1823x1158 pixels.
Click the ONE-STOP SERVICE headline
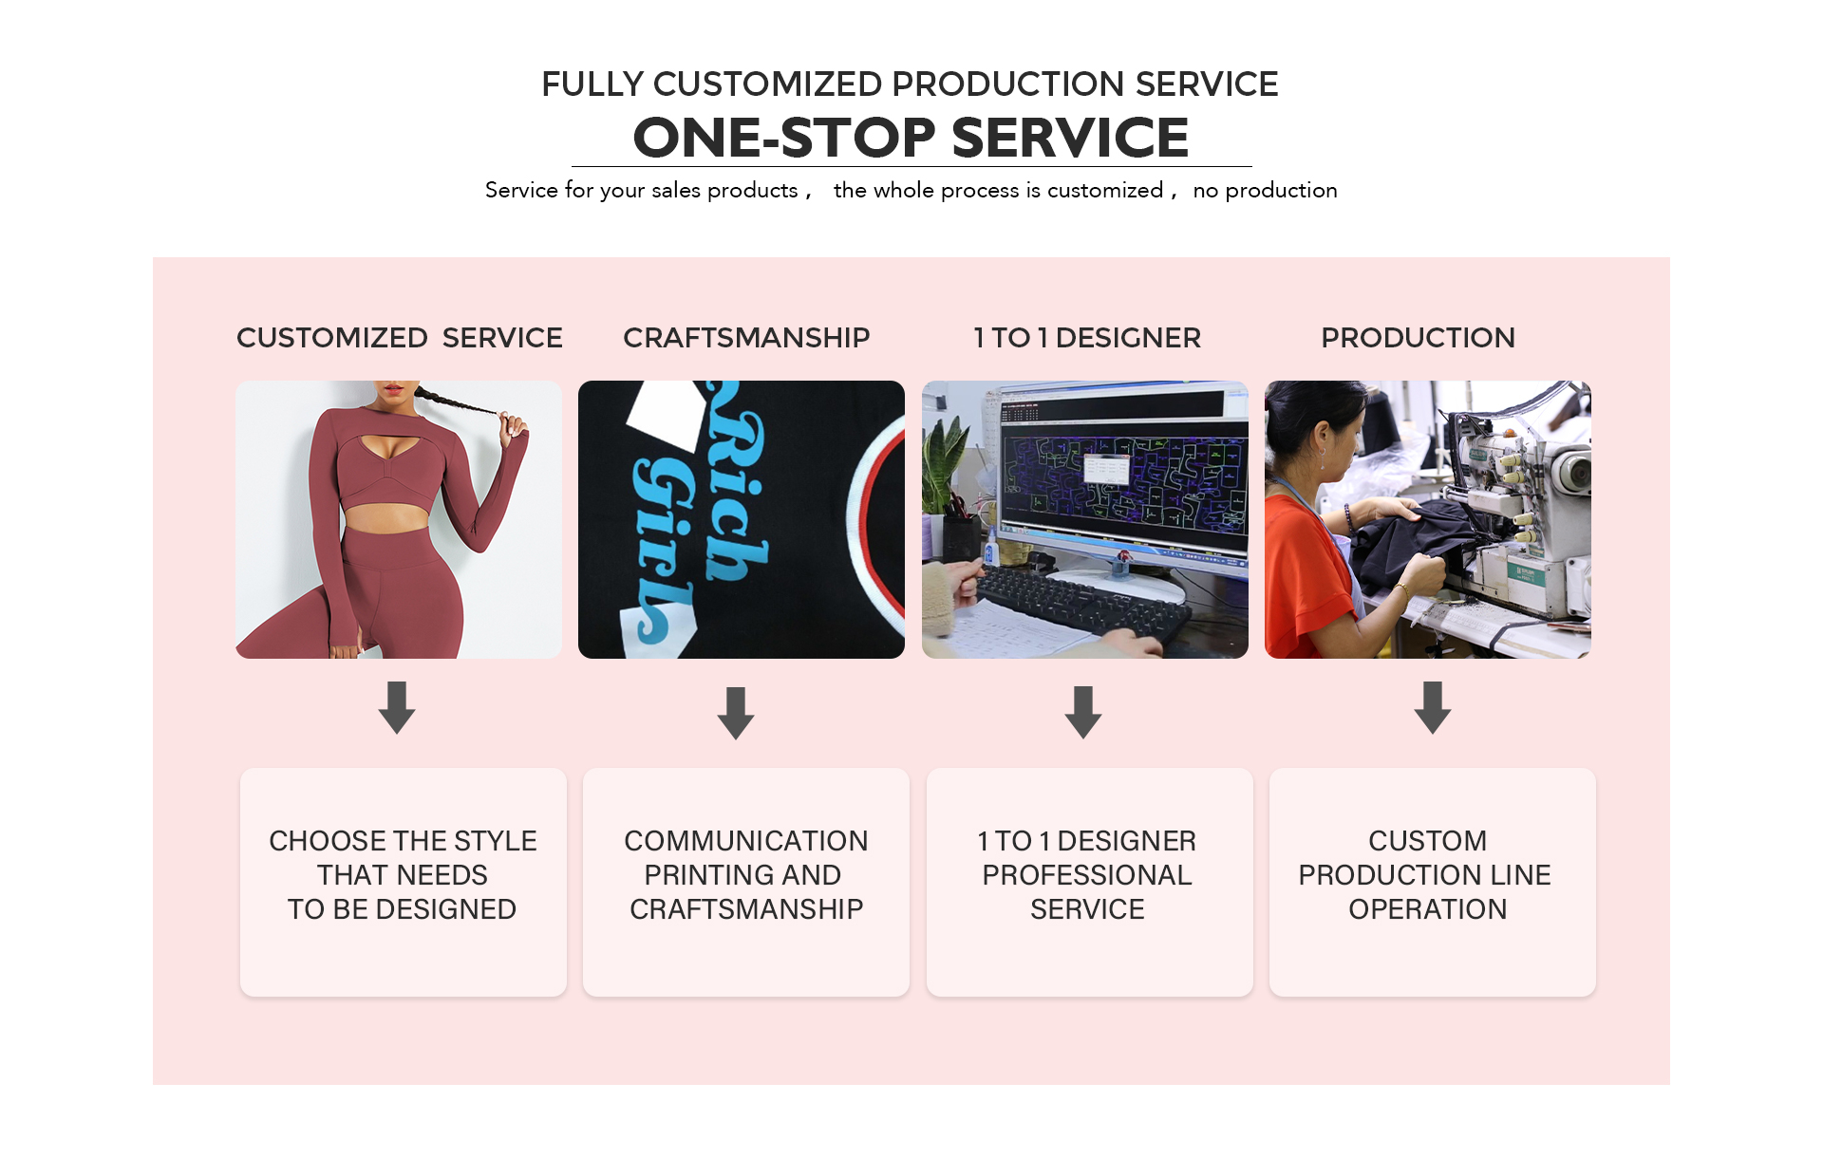click(911, 138)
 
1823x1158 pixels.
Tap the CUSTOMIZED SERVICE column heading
click(400, 338)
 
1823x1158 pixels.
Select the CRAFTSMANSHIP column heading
click(746, 338)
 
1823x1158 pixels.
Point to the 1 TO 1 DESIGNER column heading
click(1087, 338)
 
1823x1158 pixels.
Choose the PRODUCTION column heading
click(1418, 338)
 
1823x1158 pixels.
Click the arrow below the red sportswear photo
click(397, 707)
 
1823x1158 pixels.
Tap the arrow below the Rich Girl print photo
click(736, 713)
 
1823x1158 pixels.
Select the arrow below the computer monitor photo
click(1083, 712)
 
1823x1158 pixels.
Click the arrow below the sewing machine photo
click(1433, 707)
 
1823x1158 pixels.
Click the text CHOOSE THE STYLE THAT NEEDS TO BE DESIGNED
click(403, 875)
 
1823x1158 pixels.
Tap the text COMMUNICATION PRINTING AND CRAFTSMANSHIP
click(746, 875)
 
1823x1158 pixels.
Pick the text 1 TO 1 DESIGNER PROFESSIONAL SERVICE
click(1087, 875)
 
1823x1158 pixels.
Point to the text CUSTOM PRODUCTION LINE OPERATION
click(1425, 875)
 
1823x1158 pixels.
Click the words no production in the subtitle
click(1265, 190)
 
